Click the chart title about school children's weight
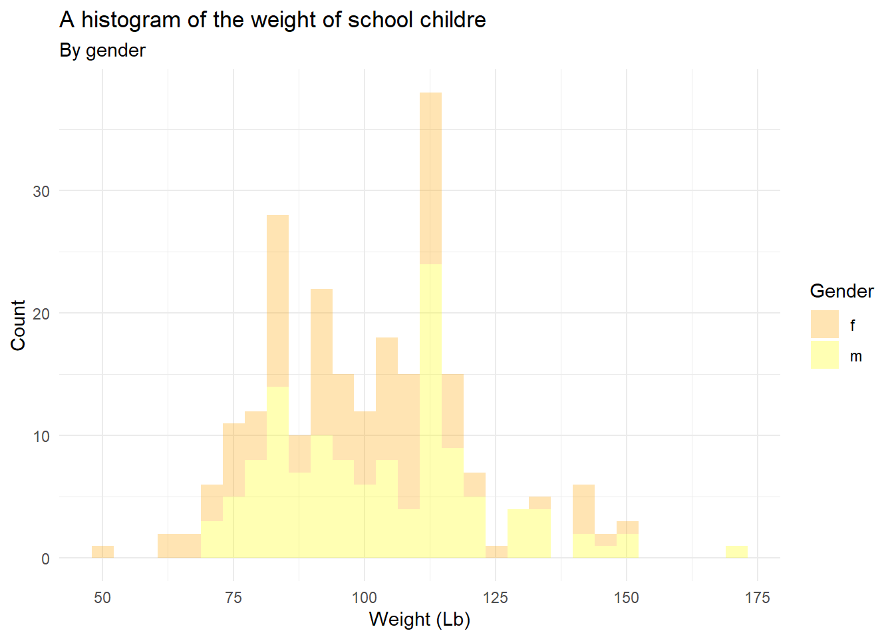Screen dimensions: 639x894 click(x=273, y=20)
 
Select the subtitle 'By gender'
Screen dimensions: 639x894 click(x=102, y=51)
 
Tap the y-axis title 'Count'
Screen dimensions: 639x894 click(x=18, y=325)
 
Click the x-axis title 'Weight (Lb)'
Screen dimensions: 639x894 click(x=419, y=619)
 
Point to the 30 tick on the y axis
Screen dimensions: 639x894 click(x=41, y=192)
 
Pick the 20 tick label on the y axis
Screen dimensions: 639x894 click(x=41, y=314)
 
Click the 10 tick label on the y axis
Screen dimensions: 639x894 click(x=41, y=437)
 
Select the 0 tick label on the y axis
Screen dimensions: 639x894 click(x=45, y=559)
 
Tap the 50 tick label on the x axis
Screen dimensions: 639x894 click(x=102, y=598)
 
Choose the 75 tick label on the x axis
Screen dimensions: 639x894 click(x=233, y=598)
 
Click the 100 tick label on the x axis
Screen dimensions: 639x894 click(x=365, y=598)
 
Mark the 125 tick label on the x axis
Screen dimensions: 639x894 click(x=496, y=598)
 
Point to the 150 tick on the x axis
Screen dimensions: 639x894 click(x=627, y=598)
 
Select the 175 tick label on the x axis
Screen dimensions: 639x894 click(x=758, y=598)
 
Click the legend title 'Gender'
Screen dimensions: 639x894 click(x=841, y=291)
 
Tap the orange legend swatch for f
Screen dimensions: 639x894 click(x=825, y=324)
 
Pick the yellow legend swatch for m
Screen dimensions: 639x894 click(x=825, y=355)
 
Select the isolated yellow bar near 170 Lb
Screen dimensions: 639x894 click(x=736, y=552)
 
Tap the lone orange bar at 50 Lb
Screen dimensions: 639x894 click(x=102, y=552)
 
